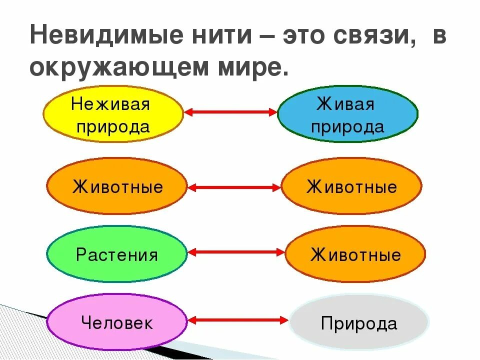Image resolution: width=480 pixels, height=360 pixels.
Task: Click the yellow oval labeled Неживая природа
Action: (113, 114)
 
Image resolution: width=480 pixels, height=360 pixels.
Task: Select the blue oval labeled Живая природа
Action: (347, 114)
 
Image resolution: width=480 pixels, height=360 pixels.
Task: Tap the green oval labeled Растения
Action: (116, 254)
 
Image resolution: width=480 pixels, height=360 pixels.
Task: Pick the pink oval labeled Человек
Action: (116, 321)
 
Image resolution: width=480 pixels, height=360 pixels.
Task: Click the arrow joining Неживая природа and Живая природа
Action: (230, 112)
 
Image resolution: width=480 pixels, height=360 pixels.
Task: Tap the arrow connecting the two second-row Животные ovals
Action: (234, 188)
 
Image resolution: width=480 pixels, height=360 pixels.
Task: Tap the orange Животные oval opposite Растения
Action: (355, 254)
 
